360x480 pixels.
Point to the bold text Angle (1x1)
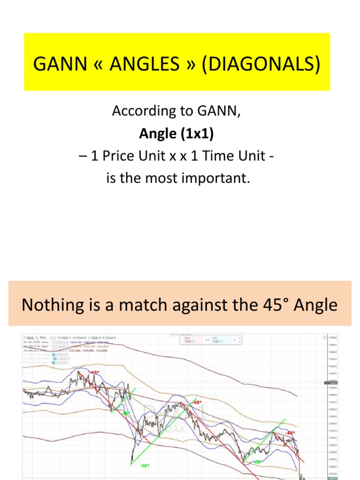coord(176,134)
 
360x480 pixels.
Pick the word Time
coord(222,157)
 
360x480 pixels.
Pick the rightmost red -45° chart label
coord(291,433)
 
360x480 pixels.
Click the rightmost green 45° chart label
coord(258,462)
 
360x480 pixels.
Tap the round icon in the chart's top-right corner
coord(324,337)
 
